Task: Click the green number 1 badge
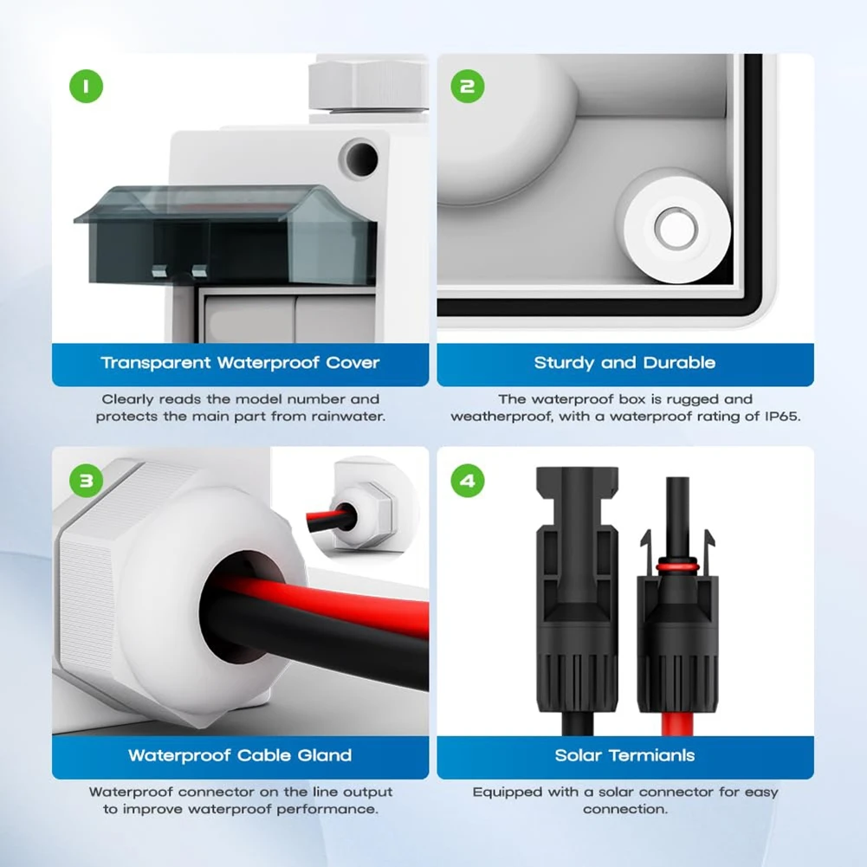85,86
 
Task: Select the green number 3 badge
85,480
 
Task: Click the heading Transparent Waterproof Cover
240,363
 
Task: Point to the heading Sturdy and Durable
624,363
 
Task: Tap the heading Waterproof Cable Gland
240,755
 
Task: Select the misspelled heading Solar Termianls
624,755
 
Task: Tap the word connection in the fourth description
624,809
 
